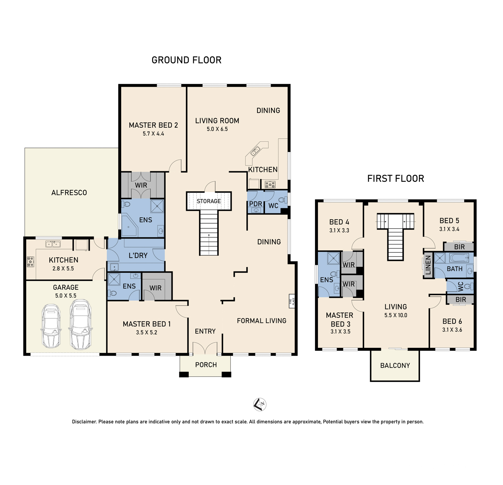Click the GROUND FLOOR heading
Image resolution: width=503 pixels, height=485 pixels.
186,60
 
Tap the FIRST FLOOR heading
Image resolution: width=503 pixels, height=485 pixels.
395,178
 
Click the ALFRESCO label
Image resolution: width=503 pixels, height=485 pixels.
69,193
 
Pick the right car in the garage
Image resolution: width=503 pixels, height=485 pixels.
80,325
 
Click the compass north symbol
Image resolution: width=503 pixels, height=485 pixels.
260,404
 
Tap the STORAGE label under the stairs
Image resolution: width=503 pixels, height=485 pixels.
209,201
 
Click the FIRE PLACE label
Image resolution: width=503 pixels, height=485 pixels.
292,301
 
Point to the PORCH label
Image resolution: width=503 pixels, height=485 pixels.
206,365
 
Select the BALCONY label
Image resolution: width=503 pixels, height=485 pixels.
395,365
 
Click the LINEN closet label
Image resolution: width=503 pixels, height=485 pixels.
428,265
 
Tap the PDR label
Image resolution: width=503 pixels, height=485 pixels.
256,204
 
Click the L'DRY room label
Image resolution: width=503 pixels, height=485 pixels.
138,255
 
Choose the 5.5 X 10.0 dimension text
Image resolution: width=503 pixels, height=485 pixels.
395,315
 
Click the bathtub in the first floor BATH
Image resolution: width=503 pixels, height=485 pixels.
459,258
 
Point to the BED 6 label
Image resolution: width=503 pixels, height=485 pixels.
452,321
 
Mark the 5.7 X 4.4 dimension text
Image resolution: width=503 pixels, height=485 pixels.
153,134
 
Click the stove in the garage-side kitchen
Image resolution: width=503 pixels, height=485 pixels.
30,262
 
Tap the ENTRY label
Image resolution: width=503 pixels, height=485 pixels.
205,331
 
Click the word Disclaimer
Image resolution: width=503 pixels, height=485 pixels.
84,422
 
